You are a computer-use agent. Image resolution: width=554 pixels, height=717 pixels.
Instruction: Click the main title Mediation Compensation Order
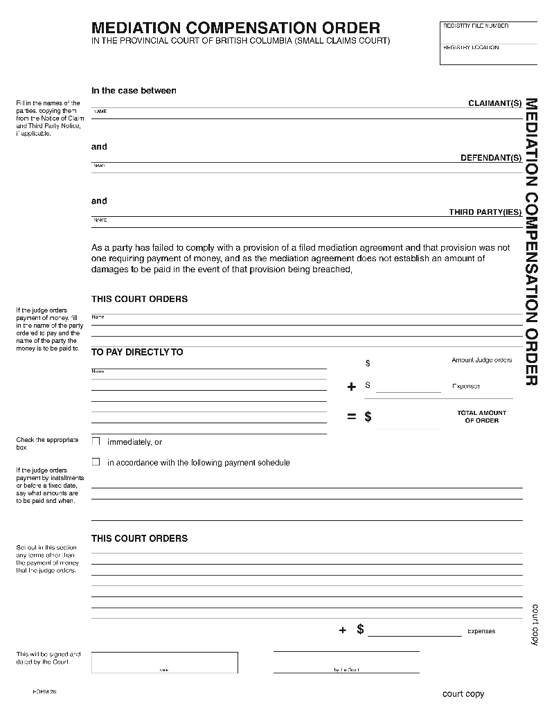click(x=235, y=28)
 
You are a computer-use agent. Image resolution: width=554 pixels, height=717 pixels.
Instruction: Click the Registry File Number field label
click(x=476, y=26)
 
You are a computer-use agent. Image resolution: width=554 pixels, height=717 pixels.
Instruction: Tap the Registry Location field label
click(x=471, y=48)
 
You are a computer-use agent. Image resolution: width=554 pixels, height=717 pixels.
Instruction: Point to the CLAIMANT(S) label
click(x=495, y=103)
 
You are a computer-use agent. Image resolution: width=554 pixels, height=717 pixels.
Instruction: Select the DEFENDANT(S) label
click(x=491, y=158)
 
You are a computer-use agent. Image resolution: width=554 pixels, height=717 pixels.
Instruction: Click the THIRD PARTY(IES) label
click(x=485, y=212)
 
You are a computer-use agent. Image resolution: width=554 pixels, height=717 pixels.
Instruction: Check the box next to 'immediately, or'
click(x=96, y=441)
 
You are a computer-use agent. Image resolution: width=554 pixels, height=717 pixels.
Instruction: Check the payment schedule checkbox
click(x=96, y=462)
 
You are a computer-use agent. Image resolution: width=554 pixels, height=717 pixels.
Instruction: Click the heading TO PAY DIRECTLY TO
click(x=137, y=352)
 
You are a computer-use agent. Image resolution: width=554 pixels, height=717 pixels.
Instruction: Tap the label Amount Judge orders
click(x=481, y=360)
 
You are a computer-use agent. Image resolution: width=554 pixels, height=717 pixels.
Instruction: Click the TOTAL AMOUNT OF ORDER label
click(x=481, y=416)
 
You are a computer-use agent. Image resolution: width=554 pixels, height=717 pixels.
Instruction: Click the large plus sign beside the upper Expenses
click(x=352, y=387)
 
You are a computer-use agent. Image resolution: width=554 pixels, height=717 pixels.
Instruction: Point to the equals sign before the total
click(x=352, y=416)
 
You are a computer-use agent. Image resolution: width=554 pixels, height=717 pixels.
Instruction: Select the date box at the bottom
click(x=164, y=662)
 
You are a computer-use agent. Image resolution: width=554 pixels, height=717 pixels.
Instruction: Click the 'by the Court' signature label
click(x=346, y=670)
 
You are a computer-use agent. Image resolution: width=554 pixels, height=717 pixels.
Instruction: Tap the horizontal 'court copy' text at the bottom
click(x=463, y=694)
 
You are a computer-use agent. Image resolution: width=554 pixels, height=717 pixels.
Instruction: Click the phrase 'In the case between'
click(x=134, y=91)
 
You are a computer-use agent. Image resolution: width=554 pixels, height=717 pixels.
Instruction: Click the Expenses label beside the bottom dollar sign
click(x=481, y=631)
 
